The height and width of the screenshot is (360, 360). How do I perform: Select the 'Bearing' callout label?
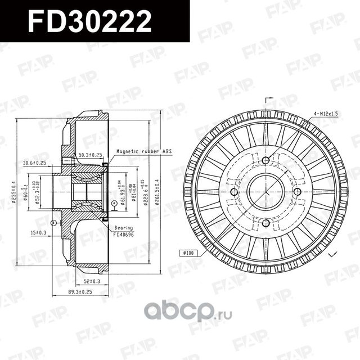pyautogui.click(x=123, y=227)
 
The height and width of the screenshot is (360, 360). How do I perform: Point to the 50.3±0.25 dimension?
pyautogui.click(x=90, y=155)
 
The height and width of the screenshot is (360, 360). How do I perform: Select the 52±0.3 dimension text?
pyautogui.click(x=92, y=281)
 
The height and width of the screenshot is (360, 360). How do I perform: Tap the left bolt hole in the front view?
pyautogui.click(x=235, y=192)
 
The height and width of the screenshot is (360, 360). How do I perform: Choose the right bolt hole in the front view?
pyautogui.click(x=296, y=192)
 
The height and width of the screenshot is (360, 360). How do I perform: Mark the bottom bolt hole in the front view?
pyautogui.click(x=265, y=223)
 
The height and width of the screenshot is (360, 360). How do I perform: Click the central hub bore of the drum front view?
pyautogui.click(x=265, y=192)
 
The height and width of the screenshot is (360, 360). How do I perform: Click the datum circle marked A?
pyautogui.click(x=114, y=203)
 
